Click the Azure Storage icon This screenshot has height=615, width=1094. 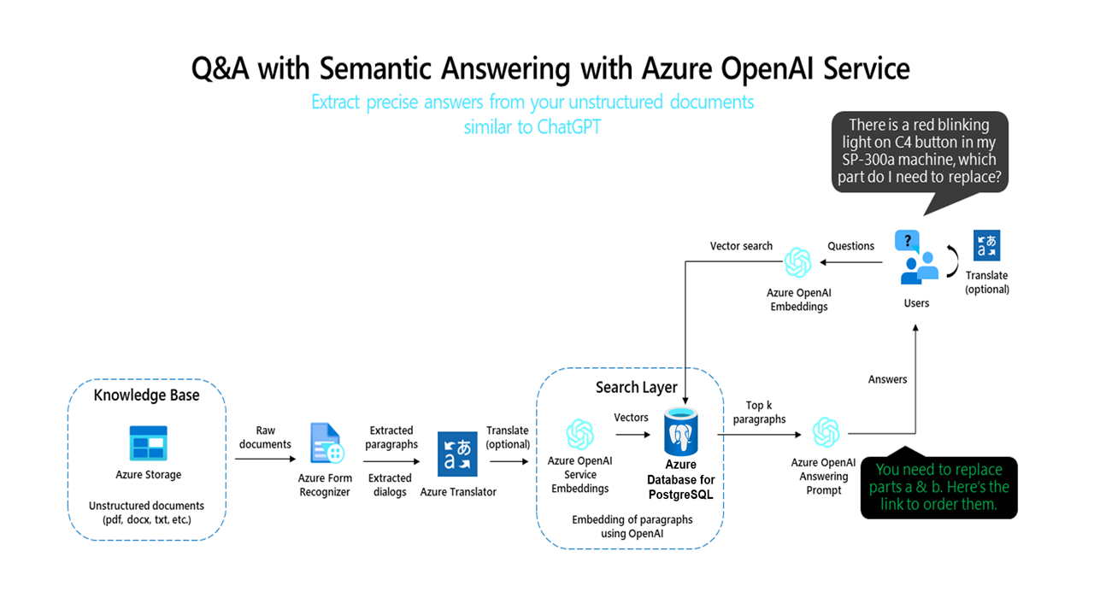(149, 443)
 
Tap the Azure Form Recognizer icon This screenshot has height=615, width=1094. (326, 443)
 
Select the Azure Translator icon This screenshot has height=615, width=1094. (457, 454)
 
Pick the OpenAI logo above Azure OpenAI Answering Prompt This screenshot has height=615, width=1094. (826, 432)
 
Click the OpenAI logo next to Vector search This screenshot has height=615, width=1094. (797, 263)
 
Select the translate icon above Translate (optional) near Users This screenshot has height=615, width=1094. (986, 246)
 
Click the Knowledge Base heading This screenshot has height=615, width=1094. (146, 395)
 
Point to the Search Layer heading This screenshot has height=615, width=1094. (636, 388)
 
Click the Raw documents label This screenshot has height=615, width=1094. (265, 437)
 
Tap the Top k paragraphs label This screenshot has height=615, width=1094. (759, 413)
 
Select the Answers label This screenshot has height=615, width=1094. (887, 379)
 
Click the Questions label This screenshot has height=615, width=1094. (850, 246)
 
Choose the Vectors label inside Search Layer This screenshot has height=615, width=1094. (631, 418)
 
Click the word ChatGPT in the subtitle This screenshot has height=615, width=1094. (569, 127)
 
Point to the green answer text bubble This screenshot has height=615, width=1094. (939, 488)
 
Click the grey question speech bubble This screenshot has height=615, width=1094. (920, 151)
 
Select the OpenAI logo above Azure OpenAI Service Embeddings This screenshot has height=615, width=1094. (579, 434)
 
